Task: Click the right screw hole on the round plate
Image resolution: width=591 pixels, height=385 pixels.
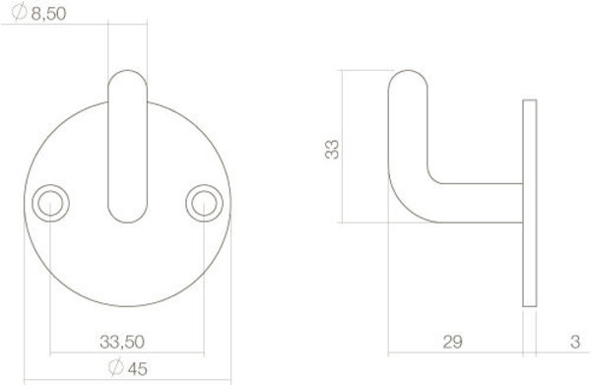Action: pos(202,202)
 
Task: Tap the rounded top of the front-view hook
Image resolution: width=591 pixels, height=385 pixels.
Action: pos(126,77)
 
